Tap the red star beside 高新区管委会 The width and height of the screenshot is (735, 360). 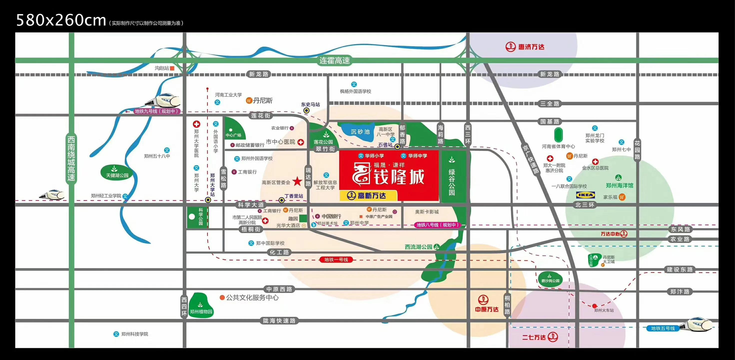[x=297, y=181]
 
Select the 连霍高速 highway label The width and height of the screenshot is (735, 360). [x=335, y=60]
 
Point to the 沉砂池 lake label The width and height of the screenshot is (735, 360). [x=360, y=131]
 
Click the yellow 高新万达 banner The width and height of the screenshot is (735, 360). [x=368, y=195]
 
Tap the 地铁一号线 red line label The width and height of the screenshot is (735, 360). [x=336, y=259]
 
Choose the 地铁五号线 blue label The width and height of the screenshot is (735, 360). [x=663, y=328]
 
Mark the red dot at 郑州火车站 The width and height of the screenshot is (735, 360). [x=595, y=306]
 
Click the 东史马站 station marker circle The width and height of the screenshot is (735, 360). [x=307, y=110]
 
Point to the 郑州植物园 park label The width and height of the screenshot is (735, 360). [x=201, y=311]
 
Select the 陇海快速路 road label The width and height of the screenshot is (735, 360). [x=279, y=320]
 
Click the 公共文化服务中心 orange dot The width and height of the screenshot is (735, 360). [x=222, y=297]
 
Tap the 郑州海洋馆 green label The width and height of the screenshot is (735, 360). [x=619, y=185]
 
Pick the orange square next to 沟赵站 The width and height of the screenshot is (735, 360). [x=172, y=68]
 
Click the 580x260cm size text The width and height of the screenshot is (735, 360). [x=61, y=20]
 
